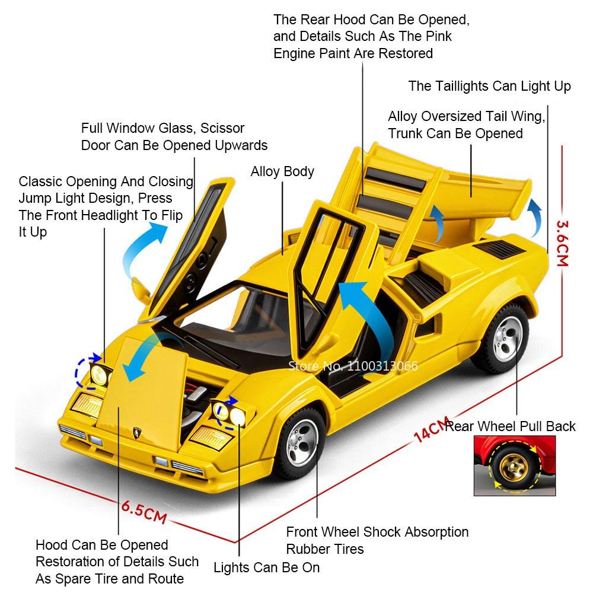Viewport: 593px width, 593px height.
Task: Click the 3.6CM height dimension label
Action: tap(562, 243)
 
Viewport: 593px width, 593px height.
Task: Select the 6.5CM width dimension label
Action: tap(144, 511)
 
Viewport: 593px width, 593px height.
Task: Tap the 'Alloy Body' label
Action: tap(282, 172)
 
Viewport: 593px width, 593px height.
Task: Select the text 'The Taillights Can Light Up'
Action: tap(489, 86)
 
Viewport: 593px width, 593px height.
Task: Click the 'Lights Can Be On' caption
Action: tap(266, 568)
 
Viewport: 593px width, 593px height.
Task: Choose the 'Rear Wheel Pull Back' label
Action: tap(511, 426)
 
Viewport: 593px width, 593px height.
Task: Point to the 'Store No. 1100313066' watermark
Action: tap(352, 365)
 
